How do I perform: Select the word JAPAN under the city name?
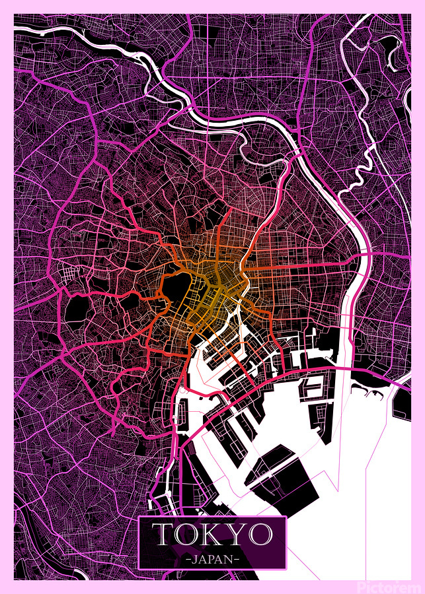[x=212, y=558]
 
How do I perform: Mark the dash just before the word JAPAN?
[x=188, y=558]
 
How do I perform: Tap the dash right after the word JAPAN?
[x=237, y=558]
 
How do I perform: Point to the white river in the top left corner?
[x=40, y=33]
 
